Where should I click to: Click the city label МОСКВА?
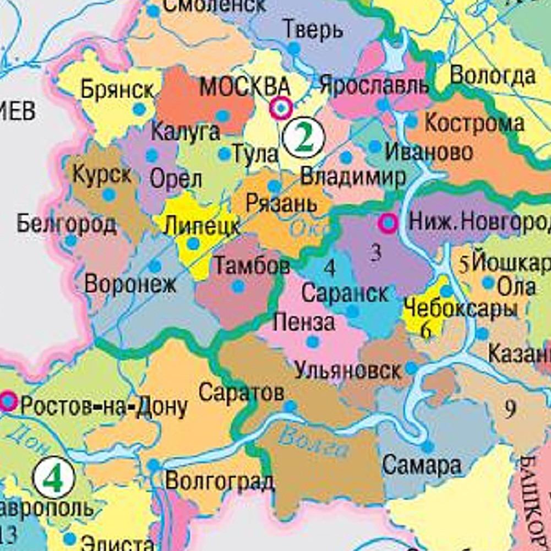tap(244, 86)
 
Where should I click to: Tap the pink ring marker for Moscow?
tap(281, 108)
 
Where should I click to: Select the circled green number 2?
tap(303, 137)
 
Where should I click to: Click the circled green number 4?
tap(53, 478)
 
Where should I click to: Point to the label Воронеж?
tap(130, 284)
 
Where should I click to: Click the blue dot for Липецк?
tap(193, 243)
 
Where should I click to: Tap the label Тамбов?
tap(252, 266)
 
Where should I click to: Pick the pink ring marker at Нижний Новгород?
tap(389, 223)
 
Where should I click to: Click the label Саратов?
tap(241, 392)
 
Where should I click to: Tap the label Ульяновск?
tap(348, 370)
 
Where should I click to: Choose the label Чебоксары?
tap(460, 308)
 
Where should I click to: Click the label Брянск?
tap(117, 89)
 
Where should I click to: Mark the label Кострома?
tap(474, 123)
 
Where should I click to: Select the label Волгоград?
tap(219, 481)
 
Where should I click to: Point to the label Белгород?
tap(66, 224)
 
